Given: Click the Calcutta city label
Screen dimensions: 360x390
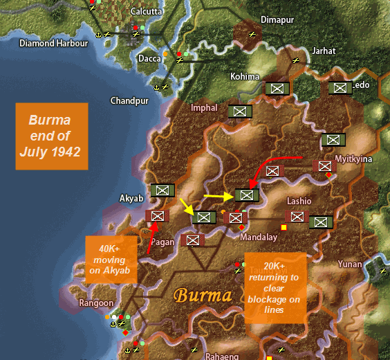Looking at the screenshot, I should tap(147, 11).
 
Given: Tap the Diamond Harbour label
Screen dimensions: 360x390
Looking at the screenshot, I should tap(53, 43).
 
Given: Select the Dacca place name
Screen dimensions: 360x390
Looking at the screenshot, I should tap(149, 60).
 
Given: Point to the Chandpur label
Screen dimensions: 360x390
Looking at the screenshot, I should tap(129, 101).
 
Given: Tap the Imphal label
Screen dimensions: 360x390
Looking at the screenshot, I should tap(204, 108).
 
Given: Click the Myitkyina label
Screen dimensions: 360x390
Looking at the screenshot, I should tap(353, 159).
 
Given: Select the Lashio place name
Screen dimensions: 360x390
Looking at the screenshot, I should tap(299, 201).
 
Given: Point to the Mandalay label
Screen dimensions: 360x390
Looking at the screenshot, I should tap(258, 237).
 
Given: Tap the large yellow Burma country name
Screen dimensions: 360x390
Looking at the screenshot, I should tap(202, 296).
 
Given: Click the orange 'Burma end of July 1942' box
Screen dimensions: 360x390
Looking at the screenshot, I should tap(52, 136).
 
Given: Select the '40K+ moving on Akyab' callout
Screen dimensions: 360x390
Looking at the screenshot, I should tap(110, 259).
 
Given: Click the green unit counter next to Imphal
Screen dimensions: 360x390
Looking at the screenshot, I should tap(239, 111).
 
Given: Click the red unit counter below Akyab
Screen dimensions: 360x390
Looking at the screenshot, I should tap(157, 216).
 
